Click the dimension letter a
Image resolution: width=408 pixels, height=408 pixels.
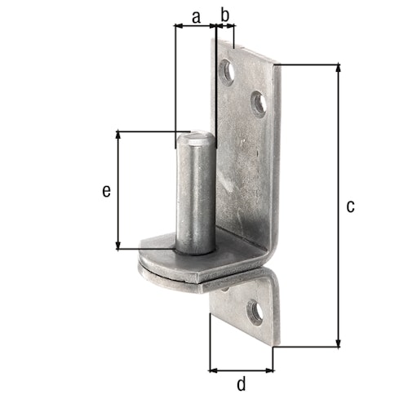coord(195,14)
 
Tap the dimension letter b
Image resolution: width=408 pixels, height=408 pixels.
coord(225,14)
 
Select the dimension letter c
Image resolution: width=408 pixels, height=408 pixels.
coord(350,206)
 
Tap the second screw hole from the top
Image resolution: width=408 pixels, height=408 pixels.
coord(258,103)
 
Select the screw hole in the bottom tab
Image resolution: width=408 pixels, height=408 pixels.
coord(256,313)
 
